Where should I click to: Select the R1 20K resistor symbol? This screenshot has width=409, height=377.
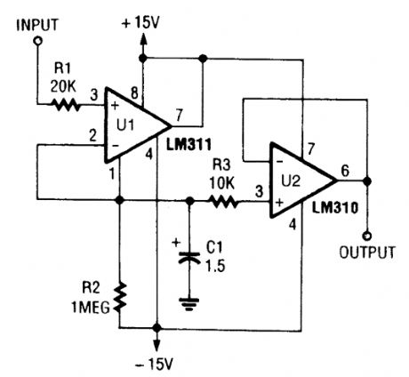click(66, 105)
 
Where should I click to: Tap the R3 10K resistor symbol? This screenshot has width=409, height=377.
click(224, 203)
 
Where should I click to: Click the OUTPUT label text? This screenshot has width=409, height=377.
click(367, 253)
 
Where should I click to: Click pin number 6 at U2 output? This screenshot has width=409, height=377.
click(346, 167)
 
